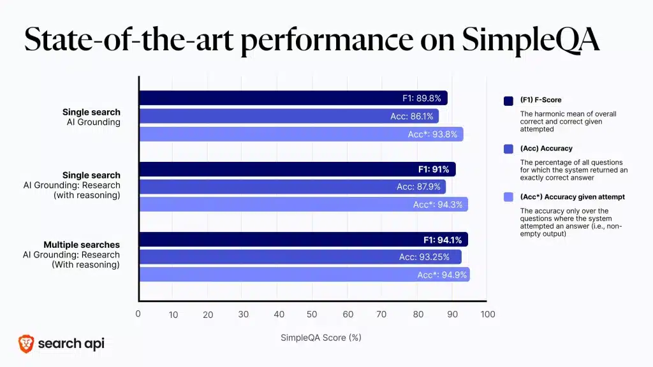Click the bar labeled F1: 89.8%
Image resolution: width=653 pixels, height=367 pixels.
click(x=293, y=98)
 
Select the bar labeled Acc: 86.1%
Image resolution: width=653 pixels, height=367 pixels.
click(x=289, y=116)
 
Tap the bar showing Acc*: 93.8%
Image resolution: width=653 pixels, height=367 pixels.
click(x=301, y=134)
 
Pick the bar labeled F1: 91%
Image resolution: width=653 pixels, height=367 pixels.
click(x=297, y=169)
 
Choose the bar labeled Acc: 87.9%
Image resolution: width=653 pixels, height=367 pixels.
click(x=292, y=187)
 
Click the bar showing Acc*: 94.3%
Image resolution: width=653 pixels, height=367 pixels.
click(x=304, y=205)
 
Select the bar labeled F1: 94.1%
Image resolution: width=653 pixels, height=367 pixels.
click(x=304, y=240)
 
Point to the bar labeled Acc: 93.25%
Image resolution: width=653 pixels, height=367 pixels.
click(x=300, y=257)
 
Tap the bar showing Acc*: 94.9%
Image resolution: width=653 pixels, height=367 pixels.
click(x=304, y=275)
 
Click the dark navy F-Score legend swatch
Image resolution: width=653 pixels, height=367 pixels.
click(x=508, y=101)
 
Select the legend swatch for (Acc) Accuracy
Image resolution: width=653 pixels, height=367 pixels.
click(x=508, y=149)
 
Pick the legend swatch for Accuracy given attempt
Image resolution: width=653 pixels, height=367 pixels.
click(x=508, y=198)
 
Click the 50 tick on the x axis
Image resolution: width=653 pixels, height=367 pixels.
click(x=312, y=314)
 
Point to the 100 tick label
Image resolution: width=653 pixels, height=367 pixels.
click(x=488, y=314)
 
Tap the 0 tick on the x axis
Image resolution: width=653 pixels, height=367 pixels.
click(x=138, y=313)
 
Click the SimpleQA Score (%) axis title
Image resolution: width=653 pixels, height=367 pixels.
click(x=321, y=338)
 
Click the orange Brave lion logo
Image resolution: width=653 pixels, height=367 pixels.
click(x=26, y=344)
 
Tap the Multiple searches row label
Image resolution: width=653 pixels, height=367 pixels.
click(x=82, y=245)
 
